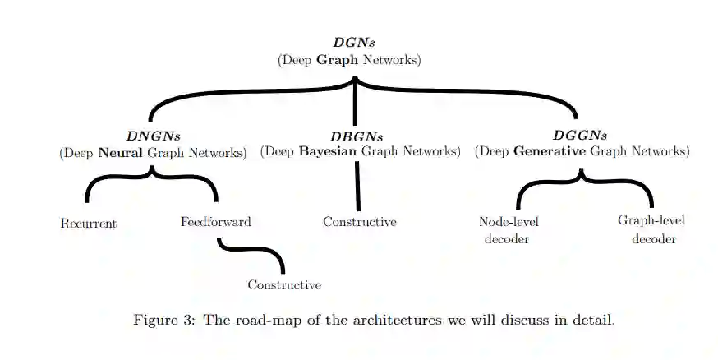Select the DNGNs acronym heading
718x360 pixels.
tap(153, 136)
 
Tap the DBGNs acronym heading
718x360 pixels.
tap(357, 136)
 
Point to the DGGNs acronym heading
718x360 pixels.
tap(581, 136)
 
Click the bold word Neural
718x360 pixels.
tap(120, 153)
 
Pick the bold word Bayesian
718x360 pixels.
tap(328, 151)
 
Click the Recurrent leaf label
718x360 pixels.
tap(89, 224)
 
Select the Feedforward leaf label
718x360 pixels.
tap(216, 222)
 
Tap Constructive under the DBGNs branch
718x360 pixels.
tap(360, 222)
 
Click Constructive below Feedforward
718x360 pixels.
tap(284, 285)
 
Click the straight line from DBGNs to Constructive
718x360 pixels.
tap(358, 185)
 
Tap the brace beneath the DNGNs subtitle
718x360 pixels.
tap(152, 178)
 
